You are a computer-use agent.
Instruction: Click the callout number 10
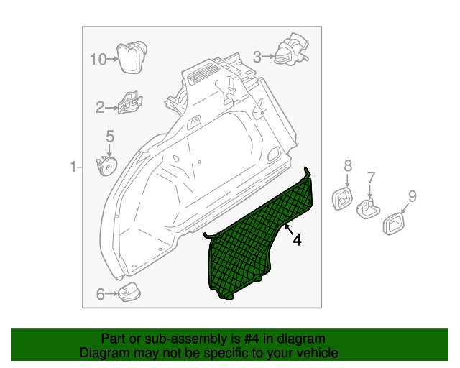coord(98,59)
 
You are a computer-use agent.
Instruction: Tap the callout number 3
coord(257,55)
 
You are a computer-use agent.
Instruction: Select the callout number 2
coord(100,108)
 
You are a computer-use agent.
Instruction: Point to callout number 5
coord(110,136)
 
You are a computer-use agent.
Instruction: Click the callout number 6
coord(100,293)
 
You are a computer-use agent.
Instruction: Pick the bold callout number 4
coord(296,240)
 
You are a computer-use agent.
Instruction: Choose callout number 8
coord(348,166)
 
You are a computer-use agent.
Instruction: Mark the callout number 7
coord(371,178)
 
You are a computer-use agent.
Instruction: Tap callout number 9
coord(412,195)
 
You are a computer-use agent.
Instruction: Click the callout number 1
coord(73,167)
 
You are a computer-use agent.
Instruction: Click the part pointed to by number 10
coord(131,57)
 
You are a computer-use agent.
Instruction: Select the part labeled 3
coord(291,50)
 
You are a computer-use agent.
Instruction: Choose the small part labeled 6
coord(129,292)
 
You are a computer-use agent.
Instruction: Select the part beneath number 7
coord(368,208)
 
